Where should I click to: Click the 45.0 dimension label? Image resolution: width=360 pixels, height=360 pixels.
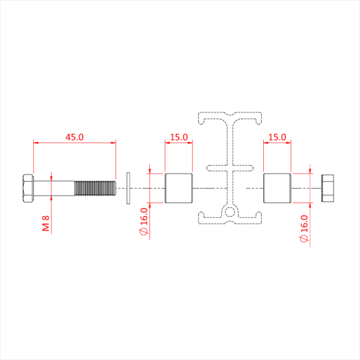75,137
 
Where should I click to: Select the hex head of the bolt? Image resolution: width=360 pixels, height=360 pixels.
28,188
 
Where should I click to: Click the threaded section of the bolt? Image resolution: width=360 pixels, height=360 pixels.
95,188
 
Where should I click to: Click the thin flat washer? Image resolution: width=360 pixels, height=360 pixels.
128,188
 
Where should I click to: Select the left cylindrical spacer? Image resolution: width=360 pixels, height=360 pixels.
179,188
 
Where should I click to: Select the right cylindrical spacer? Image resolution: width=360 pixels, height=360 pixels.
277,188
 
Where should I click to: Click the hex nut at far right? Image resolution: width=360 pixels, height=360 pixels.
328,188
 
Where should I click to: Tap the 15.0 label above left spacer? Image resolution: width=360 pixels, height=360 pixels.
178,137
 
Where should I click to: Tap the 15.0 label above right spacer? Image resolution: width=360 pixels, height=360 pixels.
277,137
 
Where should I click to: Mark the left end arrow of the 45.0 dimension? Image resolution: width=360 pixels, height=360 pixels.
35,142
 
